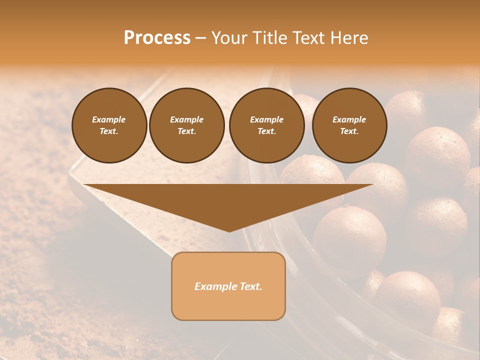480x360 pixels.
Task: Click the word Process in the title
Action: [157, 38]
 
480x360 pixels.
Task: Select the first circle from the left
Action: [109, 125]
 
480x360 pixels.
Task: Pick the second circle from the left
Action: [187, 125]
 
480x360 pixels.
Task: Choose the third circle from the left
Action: [267, 125]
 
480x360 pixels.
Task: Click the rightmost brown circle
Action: [349, 125]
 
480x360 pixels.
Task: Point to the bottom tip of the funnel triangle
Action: [229, 231]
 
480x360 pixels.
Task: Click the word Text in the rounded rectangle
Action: [251, 286]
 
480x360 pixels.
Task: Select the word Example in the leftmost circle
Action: [109, 119]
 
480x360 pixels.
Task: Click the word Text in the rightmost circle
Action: [349, 131]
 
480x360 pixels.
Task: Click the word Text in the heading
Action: [309, 38]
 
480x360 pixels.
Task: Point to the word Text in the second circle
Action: [186, 131]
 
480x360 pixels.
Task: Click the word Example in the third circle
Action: [267, 119]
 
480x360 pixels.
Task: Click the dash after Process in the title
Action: [200, 38]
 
